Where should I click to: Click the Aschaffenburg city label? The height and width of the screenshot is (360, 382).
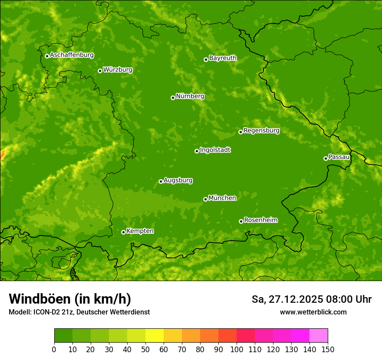click(x=72, y=55)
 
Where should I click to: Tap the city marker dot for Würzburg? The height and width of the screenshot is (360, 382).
click(x=100, y=71)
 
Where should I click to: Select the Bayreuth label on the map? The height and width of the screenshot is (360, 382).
click(x=223, y=58)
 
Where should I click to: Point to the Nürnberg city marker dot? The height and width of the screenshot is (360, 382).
click(x=173, y=98)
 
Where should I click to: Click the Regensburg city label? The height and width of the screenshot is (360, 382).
click(x=261, y=130)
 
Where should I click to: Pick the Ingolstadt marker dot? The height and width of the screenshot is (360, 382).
click(x=197, y=151)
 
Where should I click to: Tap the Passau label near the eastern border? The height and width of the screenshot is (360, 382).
click(x=339, y=157)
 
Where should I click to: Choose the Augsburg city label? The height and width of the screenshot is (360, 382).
click(x=178, y=180)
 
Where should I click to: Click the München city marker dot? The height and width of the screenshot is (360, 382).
click(x=205, y=199)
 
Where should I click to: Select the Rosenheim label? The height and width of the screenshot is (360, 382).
click(x=260, y=220)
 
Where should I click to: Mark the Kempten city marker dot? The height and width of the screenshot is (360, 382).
click(x=123, y=232)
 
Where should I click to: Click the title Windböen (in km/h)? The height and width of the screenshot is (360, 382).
click(x=69, y=299)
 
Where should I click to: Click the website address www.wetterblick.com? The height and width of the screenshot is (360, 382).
click(x=313, y=312)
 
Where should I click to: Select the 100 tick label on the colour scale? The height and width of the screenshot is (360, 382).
click(x=237, y=349)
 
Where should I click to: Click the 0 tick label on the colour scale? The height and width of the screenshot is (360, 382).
click(x=54, y=349)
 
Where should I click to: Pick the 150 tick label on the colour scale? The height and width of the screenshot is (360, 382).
click(x=328, y=349)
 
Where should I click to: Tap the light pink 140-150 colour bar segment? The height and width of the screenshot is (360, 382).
click(x=319, y=336)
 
